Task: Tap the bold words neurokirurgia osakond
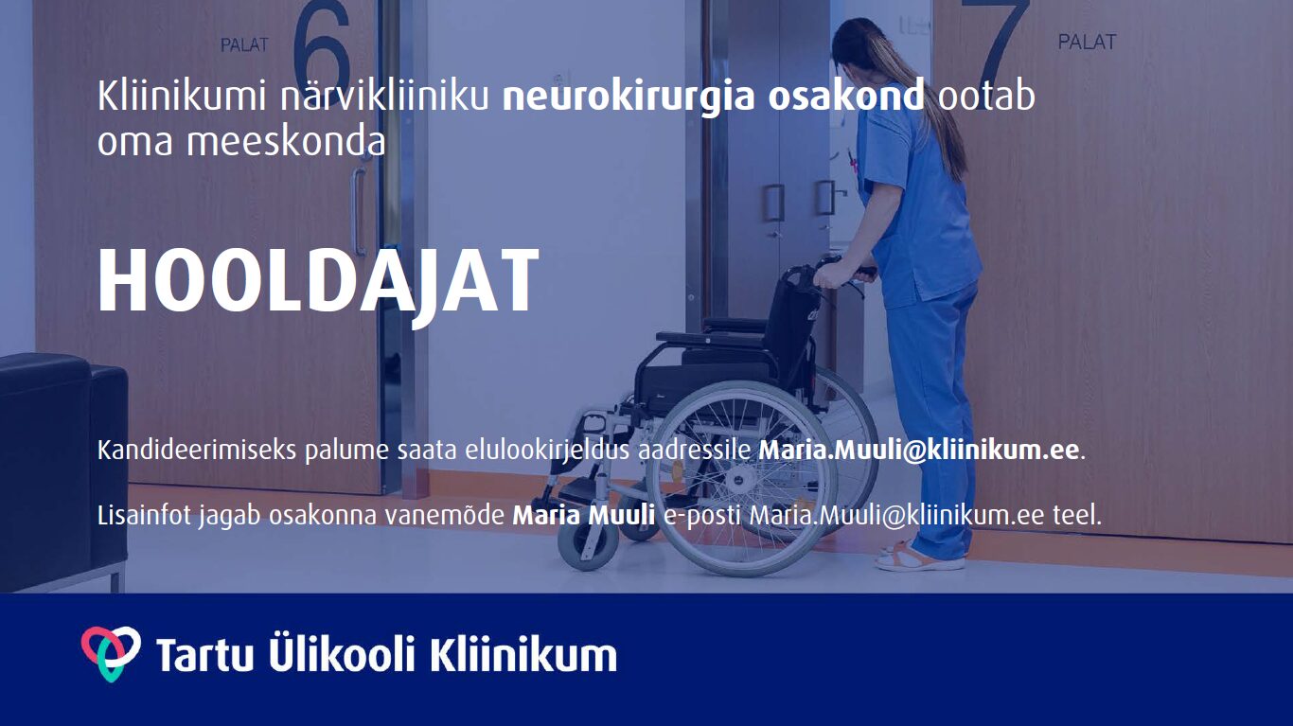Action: (714, 97)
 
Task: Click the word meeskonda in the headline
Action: (286, 141)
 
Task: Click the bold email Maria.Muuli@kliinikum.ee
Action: (918, 451)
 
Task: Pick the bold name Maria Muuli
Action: (584, 515)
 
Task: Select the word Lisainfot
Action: (144, 515)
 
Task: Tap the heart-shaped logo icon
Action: (110, 653)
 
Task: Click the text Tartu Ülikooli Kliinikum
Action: (386, 654)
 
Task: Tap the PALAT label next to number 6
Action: (245, 45)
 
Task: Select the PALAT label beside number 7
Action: (1087, 42)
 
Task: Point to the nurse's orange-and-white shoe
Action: (919, 558)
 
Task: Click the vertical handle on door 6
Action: (359, 211)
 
